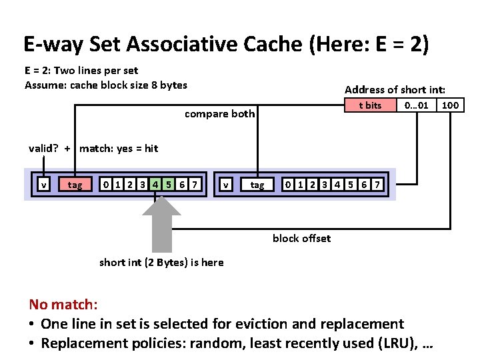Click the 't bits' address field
click(x=369, y=105)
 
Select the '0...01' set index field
click(x=416, y=105)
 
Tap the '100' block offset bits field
click(x=451, y=105)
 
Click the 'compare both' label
click(x=219, y=114)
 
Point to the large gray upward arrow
click(x=161, y=223)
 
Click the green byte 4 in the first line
click(x=155, y=184)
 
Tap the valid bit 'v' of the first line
click(x=44, y=185)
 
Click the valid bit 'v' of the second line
click(x=227, y=185)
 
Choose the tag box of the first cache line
click(x=75, y=185)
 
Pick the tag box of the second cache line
click(x=257, y=185)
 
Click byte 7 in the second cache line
click(x=378, y=184)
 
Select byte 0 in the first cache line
click(x=104, y=184)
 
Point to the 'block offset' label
click(x=301, y=239)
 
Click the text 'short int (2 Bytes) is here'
click(x=161, y=262)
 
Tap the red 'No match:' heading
click(x=63, y=305)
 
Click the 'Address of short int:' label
click(x=395, y=89)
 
